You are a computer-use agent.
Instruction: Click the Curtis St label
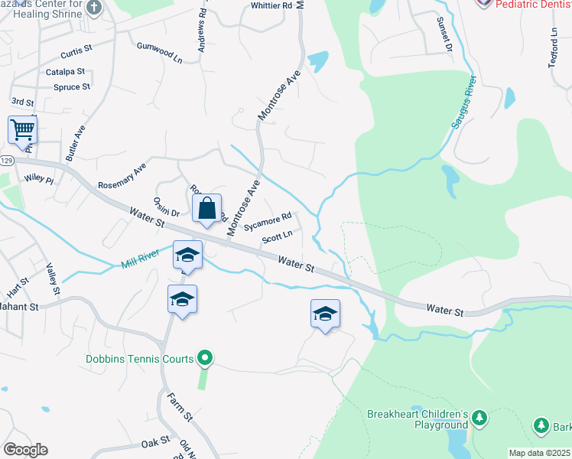pyautogui.click(x=76, y=48)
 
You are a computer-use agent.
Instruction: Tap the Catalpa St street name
pyautogui.click(x=63, y=71)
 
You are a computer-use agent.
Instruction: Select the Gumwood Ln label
pyautogui.click(x=160, y=51)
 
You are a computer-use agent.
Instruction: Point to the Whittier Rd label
pyautogui.click(x=271, y=6)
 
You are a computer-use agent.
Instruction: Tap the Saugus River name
pyautogui.click(x=463, y=103)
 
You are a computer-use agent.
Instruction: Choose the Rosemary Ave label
pyautogui.click(x=122, y=176)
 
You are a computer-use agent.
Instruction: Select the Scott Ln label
pyautogui.click(x=278, y=238)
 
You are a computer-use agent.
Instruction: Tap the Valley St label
pyautogui.click(x=53, y=279)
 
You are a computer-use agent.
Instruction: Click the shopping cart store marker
pyautogui.click(x=22, y=129)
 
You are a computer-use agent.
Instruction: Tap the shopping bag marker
pyautogui.click(x=207, y=207)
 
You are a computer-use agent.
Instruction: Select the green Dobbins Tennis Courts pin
pyautogui.click(x=204, y=357)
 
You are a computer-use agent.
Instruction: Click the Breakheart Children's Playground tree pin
pyautogui.click(x=479, y=418)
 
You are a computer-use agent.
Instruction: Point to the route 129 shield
pyautogui.click(x=7, y=161)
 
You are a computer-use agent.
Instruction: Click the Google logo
pyautogui.click(x=25, y=450)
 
